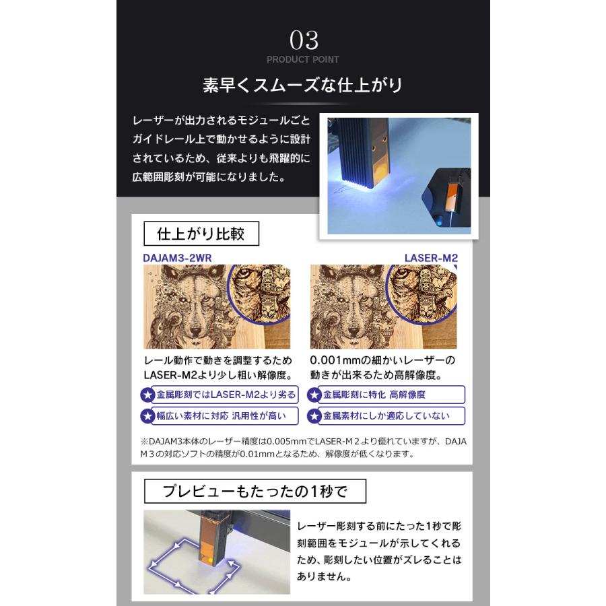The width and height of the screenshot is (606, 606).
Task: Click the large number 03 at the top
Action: coord(304,40)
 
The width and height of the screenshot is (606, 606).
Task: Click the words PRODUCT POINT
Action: coord(302,59)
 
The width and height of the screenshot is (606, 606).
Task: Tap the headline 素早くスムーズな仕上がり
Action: coord(302,85)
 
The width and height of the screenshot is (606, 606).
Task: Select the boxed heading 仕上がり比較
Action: coord(201,234)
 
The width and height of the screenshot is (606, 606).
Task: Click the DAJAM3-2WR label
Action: coord(177,258)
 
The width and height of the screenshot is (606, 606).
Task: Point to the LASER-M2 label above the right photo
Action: coord(431,258)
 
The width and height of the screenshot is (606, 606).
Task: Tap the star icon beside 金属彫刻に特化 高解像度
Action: coord(314,395)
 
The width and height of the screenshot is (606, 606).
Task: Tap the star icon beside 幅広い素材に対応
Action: coord(147,416)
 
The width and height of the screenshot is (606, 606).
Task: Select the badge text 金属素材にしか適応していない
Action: coord(386,416)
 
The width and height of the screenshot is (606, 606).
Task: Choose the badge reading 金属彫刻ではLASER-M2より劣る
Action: coord(226,395)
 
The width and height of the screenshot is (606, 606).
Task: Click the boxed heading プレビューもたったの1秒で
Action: coord(255,492)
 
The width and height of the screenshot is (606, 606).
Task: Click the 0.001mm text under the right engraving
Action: coord(330,360)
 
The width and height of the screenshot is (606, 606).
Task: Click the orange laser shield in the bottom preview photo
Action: coord(210,540)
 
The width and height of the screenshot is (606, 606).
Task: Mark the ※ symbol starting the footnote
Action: coord(144,441)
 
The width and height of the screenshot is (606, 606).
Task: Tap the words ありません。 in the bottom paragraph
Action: coord(325,576)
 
